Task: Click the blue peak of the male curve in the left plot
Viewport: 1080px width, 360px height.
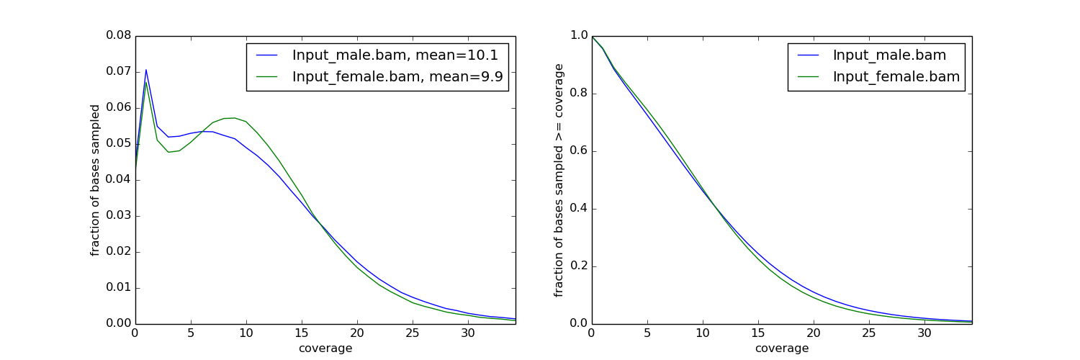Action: click(146, 70)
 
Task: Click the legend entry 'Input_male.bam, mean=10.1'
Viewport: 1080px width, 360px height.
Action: click(395, 55)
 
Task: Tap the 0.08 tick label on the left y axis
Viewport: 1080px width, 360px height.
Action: click(119, 35)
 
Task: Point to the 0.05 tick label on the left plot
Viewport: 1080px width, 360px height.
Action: click(119, 143)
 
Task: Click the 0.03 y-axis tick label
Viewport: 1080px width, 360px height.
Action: click(119, 215)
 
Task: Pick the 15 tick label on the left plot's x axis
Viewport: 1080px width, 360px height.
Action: click(302, 333)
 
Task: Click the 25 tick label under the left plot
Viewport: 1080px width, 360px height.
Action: click(413, 333)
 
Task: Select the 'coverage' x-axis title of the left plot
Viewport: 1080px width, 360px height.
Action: click(325, 348)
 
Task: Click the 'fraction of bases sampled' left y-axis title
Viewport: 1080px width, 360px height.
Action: click(95, 180)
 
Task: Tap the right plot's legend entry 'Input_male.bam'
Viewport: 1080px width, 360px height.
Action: click(889, 55)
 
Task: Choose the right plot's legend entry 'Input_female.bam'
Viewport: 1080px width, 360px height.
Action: click(896, 78)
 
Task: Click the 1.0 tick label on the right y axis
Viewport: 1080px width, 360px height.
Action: click(578, 35)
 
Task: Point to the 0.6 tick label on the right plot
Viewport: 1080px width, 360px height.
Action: click(578, 150)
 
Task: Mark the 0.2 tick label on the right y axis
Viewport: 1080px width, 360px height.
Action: click(578, 266)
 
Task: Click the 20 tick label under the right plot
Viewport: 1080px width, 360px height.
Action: click(814, 333)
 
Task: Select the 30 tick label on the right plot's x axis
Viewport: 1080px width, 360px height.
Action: click(924, 333)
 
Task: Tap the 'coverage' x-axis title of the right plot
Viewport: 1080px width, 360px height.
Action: click(782, 348)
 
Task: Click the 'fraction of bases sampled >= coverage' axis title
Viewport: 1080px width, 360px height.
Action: click(559, 180)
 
